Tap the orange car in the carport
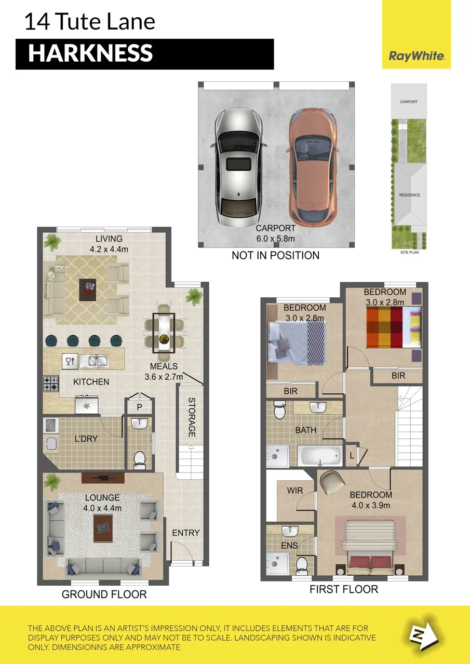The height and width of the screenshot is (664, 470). (313, 167)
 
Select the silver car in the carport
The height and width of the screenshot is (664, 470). (238, 168)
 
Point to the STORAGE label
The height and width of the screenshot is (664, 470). (192, 418)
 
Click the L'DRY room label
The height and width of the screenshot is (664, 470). (86, 438)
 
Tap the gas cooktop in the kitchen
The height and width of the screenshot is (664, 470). (51, 383)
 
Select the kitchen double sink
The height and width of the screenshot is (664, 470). (94, 361)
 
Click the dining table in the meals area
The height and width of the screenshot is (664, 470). (164, 333)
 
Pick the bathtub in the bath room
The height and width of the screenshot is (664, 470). (319, 456)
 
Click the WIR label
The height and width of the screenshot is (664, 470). (295, 490)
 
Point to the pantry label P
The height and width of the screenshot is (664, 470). (140, 407)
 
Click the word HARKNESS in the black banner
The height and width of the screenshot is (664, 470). (90, 53)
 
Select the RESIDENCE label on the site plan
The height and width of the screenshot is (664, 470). (409, 195)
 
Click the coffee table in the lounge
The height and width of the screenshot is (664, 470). (103, 528)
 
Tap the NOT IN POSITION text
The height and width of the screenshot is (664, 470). (275, 255)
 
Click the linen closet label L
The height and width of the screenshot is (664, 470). (352, 455)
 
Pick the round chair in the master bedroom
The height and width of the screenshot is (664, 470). (332, 482)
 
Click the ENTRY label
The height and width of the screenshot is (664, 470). (186, 533)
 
